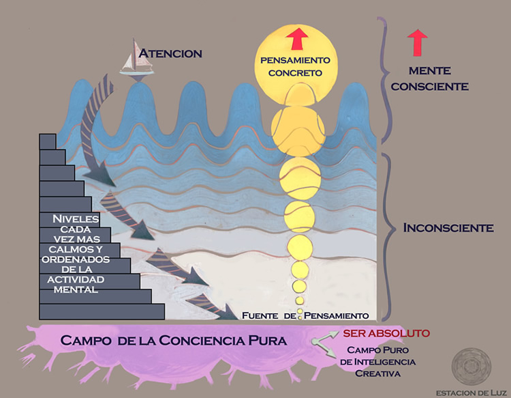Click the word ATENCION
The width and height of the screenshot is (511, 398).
click(x=170, y=53)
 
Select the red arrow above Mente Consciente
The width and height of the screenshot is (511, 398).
click(x=418, y=42)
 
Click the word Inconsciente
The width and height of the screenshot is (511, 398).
click(x=448, y=227)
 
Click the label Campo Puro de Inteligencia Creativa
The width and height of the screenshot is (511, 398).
click(x=376, y=361)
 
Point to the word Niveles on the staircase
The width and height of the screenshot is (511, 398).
click(x=75, y=218)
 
